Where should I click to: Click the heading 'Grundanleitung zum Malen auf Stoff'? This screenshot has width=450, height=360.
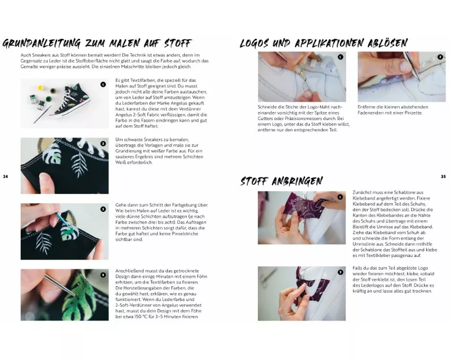tap(97, 44)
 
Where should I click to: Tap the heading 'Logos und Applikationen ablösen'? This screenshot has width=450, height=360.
tap(324, 43)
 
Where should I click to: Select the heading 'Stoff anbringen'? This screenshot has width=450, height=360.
tap(282, 181)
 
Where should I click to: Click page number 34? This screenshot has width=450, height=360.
tap(5, 177)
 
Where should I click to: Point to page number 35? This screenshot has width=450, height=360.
tap(444, 177)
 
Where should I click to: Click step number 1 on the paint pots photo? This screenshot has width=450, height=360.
tap(103, 84)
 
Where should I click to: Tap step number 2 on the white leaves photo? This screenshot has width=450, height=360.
tap(103, 143)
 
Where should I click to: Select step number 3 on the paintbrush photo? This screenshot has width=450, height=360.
tap(103, 209)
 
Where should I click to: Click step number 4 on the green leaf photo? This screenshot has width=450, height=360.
tap(103, 275)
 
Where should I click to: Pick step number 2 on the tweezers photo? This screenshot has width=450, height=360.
tap(440, 57)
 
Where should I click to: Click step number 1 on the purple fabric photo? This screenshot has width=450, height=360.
tap(340, 197)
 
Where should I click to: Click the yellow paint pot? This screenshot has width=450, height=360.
tap(41, 87)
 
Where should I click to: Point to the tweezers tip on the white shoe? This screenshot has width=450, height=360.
tap(419, 80)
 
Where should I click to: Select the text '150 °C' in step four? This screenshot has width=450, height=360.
tap(141, 316)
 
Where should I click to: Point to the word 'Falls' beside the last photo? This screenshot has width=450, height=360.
tap(357, 268)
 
